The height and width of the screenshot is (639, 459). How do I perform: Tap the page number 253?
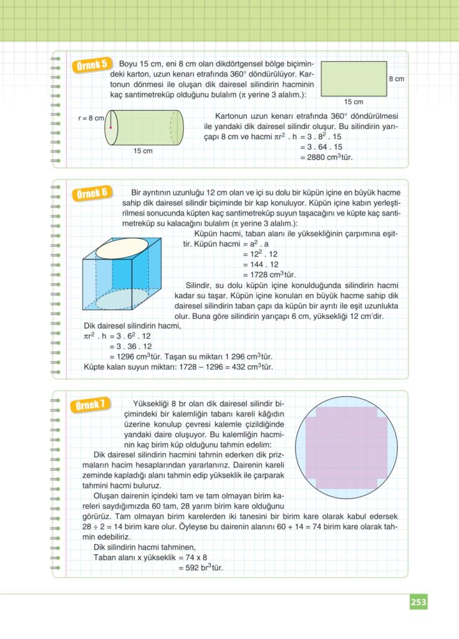(418, 602)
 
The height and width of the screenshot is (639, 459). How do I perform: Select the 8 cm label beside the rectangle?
(397, 79)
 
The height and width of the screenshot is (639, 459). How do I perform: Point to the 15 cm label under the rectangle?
(354, 102)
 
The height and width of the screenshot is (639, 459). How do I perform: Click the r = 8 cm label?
(91, 118)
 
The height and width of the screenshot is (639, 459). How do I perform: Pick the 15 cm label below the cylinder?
(143, 151)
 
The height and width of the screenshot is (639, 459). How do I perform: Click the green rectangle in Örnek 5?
(354, 79)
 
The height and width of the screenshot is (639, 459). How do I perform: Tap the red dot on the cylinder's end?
(110, 128)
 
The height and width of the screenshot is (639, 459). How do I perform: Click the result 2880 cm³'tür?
(326, 157)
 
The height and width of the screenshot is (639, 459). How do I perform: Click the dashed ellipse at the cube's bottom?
(122, 299)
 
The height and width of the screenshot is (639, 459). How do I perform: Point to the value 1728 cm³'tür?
(269, 275)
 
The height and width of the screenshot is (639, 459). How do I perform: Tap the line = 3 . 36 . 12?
(130, 346)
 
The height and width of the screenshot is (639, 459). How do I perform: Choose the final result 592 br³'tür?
(200, 568)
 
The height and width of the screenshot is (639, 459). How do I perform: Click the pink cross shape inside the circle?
(346, 447)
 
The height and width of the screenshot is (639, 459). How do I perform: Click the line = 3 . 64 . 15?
(321, 147)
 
